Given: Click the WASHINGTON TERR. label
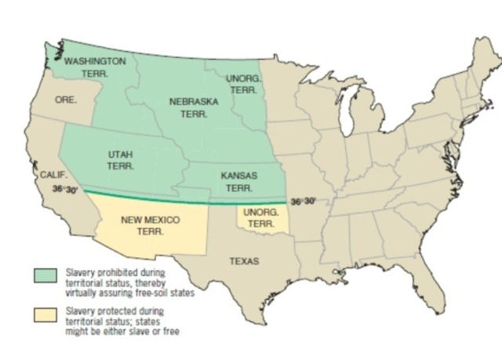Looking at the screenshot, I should pos(94,66).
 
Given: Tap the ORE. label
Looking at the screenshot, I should pos(66,100).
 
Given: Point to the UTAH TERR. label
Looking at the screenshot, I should pos(121,161).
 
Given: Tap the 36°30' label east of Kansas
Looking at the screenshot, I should pos(302,201).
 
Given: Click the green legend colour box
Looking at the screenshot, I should pos(42,275).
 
